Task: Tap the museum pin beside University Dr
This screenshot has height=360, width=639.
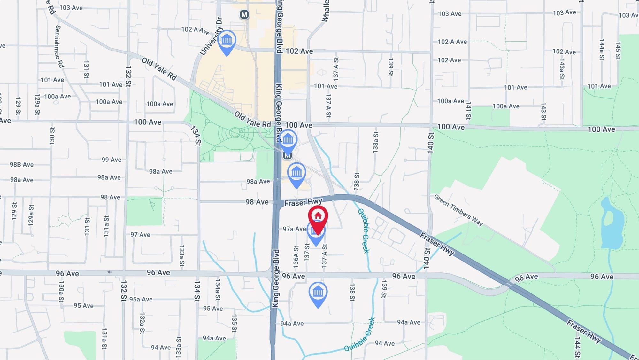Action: (227, 41)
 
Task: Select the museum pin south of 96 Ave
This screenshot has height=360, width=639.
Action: (318, 292)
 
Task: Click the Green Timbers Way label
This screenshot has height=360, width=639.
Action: (458, 210)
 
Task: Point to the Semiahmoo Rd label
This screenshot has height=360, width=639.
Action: (59, 46)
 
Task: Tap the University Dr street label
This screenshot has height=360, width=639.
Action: (211, 36)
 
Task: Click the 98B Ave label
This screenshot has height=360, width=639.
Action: (22, 165)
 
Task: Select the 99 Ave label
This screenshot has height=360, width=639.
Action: (112, 160)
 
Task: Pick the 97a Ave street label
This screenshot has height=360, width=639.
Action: (294, 229)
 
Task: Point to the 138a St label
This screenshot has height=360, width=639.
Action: (376, 142)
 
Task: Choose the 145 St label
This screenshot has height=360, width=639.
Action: (618, 51)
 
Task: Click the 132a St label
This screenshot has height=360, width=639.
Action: (142, 323)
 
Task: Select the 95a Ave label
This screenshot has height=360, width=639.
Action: (141, 299)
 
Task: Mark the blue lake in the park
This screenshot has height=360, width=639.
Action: (612, 224)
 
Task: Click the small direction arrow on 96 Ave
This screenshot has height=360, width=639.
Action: (110, 272)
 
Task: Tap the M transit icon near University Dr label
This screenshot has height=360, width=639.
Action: (244, 14)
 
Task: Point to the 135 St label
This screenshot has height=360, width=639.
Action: (234, 323)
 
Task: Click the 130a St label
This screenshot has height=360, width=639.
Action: (61, 291)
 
